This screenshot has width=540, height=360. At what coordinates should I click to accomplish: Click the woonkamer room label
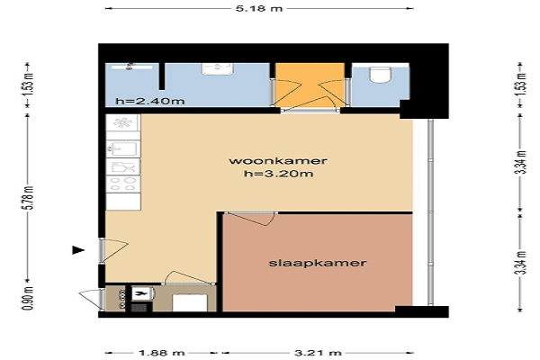pos(278,161)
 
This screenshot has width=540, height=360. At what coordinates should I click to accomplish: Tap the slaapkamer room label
pos(317,263)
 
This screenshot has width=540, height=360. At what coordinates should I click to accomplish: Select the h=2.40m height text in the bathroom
pos(150,102)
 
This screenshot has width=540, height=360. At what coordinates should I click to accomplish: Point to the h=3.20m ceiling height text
pos(279,174)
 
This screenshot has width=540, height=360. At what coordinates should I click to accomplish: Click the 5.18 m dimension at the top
pos(259,8)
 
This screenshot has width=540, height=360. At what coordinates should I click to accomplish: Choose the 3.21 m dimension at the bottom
pos(318,353)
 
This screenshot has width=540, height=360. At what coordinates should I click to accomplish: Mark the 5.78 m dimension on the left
pos(29,198)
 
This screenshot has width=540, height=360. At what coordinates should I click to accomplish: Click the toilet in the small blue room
pos(380,75)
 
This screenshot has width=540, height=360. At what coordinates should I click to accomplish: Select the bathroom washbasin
pos(218,68)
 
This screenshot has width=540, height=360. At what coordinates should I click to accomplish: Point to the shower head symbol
pos(130,66)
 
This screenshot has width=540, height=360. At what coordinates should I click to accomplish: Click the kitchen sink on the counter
pos(123,149)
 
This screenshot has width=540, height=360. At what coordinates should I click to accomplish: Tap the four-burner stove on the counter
pos(123,184)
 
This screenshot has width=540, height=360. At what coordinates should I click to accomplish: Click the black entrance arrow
pos(78,250)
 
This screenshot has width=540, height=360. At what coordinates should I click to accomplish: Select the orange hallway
pos(310,85)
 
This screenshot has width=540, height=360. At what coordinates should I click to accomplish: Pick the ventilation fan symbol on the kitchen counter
pos(122,122)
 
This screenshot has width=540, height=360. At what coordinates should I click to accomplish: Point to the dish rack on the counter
pos(123,166)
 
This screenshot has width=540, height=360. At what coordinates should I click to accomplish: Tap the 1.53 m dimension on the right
pos(521,85)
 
